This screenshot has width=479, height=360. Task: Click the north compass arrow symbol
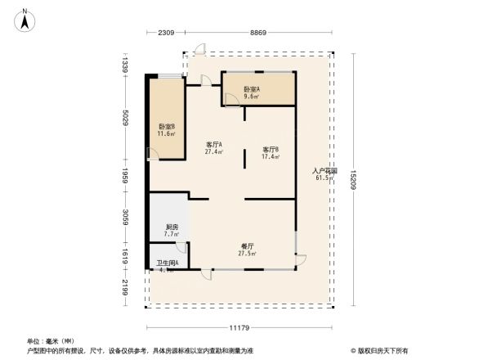coord(25,19)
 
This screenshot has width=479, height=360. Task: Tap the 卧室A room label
coord(252,89)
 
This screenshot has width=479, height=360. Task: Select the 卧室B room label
coord(166,127)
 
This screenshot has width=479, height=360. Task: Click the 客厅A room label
coord(214,145)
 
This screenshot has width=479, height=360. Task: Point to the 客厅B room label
coord(271,150)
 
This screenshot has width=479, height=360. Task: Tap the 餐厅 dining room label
coord(247,246)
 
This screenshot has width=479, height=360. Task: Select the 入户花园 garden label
coord(325,172)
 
